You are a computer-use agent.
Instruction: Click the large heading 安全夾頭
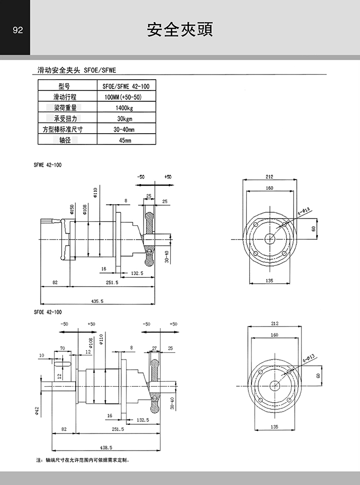180,29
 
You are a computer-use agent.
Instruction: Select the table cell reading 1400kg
124,108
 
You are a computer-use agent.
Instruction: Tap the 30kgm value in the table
124,119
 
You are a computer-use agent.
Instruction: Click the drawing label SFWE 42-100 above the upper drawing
48,165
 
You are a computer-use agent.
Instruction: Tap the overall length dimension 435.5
97,301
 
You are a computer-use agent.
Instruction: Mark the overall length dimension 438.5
106,447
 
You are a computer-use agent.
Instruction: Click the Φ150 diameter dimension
72,208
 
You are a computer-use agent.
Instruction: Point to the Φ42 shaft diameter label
37,410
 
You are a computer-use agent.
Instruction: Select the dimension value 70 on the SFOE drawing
62,348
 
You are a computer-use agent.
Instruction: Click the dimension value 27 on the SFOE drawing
154,348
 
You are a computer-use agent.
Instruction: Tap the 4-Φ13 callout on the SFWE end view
302,210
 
